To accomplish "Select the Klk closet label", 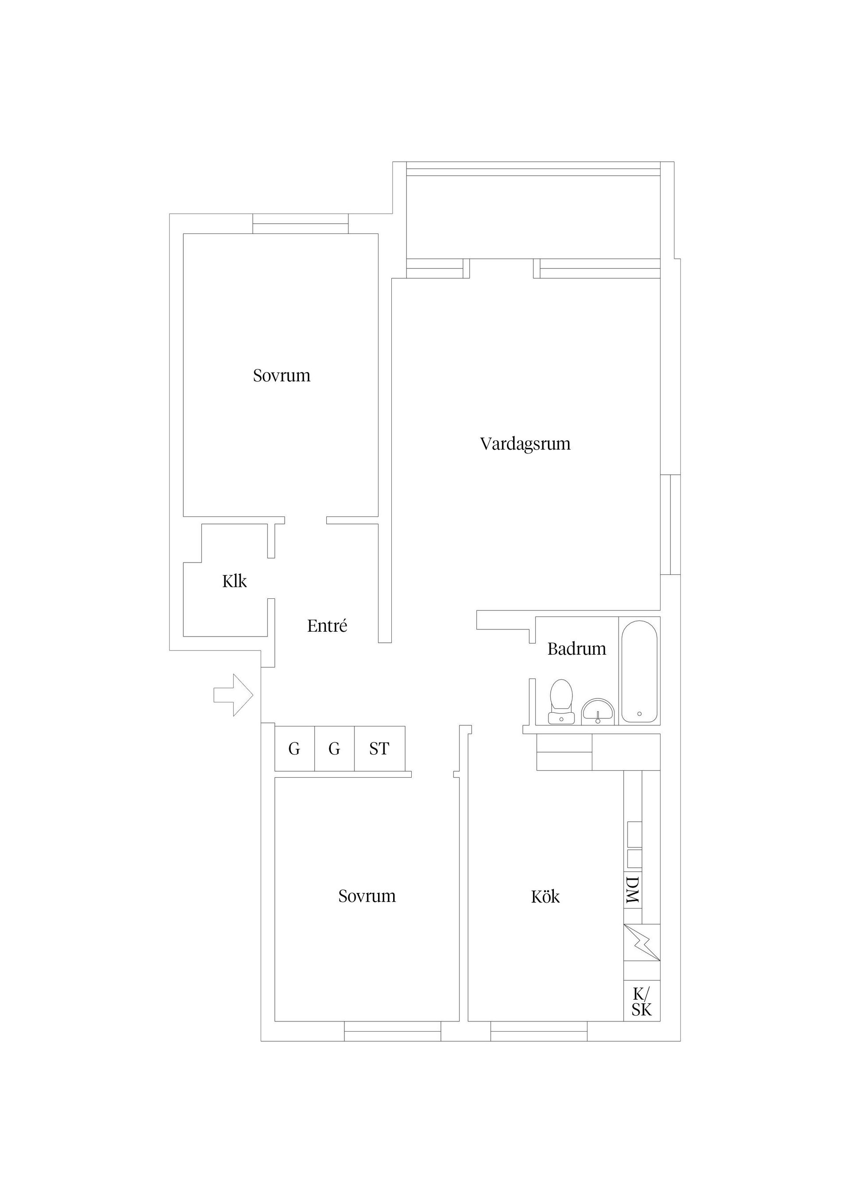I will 234,581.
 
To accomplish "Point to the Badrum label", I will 576,649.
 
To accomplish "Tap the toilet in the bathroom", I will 561,702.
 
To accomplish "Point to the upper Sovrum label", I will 281,376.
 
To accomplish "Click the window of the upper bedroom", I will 300,224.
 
